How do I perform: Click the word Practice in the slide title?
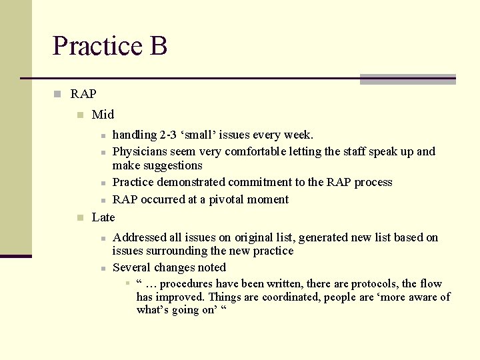[x=96, y=46]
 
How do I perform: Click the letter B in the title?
[x=158, y=46]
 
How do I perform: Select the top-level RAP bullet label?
[x=83, y=94]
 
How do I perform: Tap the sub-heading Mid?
[x=103, y=115]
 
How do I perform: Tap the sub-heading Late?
[x=103, y=217]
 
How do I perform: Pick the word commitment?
[x=260, y=182]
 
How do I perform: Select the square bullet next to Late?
[x=80, y=217]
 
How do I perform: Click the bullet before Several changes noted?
[x=103, y=268]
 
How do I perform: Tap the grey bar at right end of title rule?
[x=407, y=79]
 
